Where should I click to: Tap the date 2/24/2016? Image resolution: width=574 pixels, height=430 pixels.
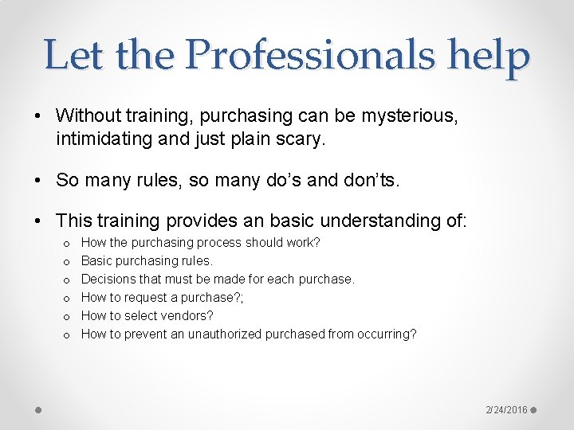pyautogui.click(x=507, y=410)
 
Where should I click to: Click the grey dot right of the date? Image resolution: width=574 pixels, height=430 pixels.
pyautogui.click(x=534, y=410)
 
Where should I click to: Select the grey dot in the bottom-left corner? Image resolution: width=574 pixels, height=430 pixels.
pyautogui.click(x=39, y=410)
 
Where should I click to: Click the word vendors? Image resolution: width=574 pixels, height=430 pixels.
pyautogui.click(x=186, y=315)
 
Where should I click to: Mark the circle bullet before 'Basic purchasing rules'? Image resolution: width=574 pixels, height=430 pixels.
pyautogui.click(x=65, y=261)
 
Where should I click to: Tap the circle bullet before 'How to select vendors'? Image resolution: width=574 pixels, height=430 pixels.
pyautogui.click(x=65, y=316)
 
